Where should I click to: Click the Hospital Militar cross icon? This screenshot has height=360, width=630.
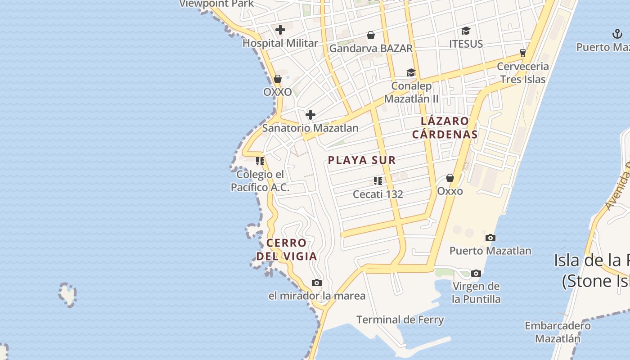[x=280, y=30]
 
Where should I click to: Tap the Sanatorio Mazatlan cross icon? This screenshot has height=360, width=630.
[x=310, y=115]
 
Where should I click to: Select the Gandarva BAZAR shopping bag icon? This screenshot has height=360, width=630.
[x=371, y=35]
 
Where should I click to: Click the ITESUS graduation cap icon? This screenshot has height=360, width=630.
[x=466, y=31]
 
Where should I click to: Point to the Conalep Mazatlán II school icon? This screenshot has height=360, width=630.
[x=411, y=73]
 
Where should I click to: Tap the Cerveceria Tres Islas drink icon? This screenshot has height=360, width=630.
[x=522, y=53]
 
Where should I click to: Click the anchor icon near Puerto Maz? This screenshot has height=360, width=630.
[x=617, y=34]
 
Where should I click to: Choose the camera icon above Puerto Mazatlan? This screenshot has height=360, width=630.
[x=490, y=238]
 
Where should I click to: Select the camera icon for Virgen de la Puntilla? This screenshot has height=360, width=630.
[x=476, y=273]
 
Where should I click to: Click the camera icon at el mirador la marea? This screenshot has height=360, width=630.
[x=317, y=283]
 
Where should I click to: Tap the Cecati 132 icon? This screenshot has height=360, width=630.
[x=378, y=181]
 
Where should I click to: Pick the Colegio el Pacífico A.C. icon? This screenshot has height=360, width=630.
[x=260, y=161]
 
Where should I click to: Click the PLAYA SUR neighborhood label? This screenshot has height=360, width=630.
[x=362, y=160]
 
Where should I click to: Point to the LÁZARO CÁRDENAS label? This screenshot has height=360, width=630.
[x=445, y=127]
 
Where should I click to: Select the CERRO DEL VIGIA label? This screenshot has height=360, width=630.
[x=287, y=250]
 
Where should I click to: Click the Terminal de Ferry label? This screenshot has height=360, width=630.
[x=400, y=320]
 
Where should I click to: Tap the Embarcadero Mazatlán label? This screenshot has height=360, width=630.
[x=558, y=332]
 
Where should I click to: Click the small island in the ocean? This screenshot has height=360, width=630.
[x=67, y=294]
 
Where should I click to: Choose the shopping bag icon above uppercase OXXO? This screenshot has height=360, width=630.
[x=278, y=79]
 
